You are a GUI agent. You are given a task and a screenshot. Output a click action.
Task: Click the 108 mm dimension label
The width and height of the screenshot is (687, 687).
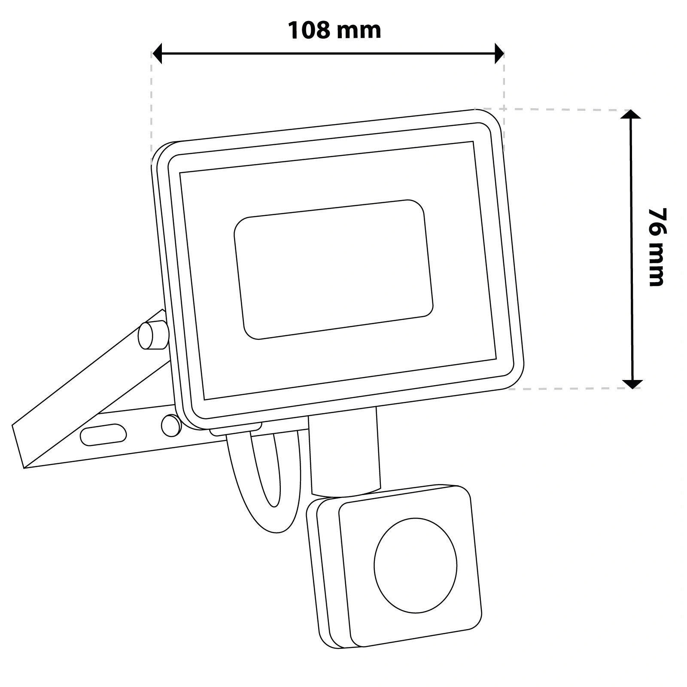pos(334,30)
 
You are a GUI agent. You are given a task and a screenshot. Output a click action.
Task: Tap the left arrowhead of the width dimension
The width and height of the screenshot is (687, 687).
pos(158,53)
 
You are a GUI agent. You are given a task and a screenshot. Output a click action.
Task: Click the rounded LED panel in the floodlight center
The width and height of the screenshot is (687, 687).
pos(334,269)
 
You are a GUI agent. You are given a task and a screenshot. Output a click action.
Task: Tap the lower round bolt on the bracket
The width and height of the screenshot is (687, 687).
pos(171,425)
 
